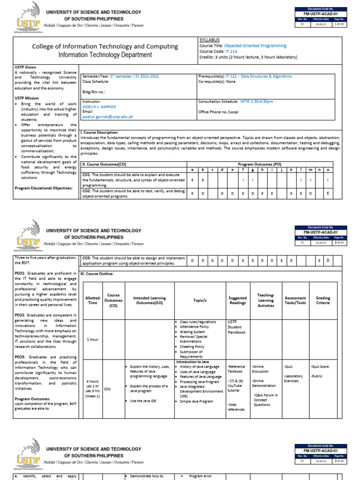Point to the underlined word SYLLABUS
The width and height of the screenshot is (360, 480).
[209, 40]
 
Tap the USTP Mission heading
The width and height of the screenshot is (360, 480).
[27, 98]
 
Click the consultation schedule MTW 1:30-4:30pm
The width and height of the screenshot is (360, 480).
[256, 101]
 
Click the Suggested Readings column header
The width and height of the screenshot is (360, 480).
[237, 300]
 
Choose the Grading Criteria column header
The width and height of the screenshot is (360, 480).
[322, 300]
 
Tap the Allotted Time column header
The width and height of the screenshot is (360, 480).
[92, 300]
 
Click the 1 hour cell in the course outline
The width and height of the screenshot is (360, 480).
[92, 339]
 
